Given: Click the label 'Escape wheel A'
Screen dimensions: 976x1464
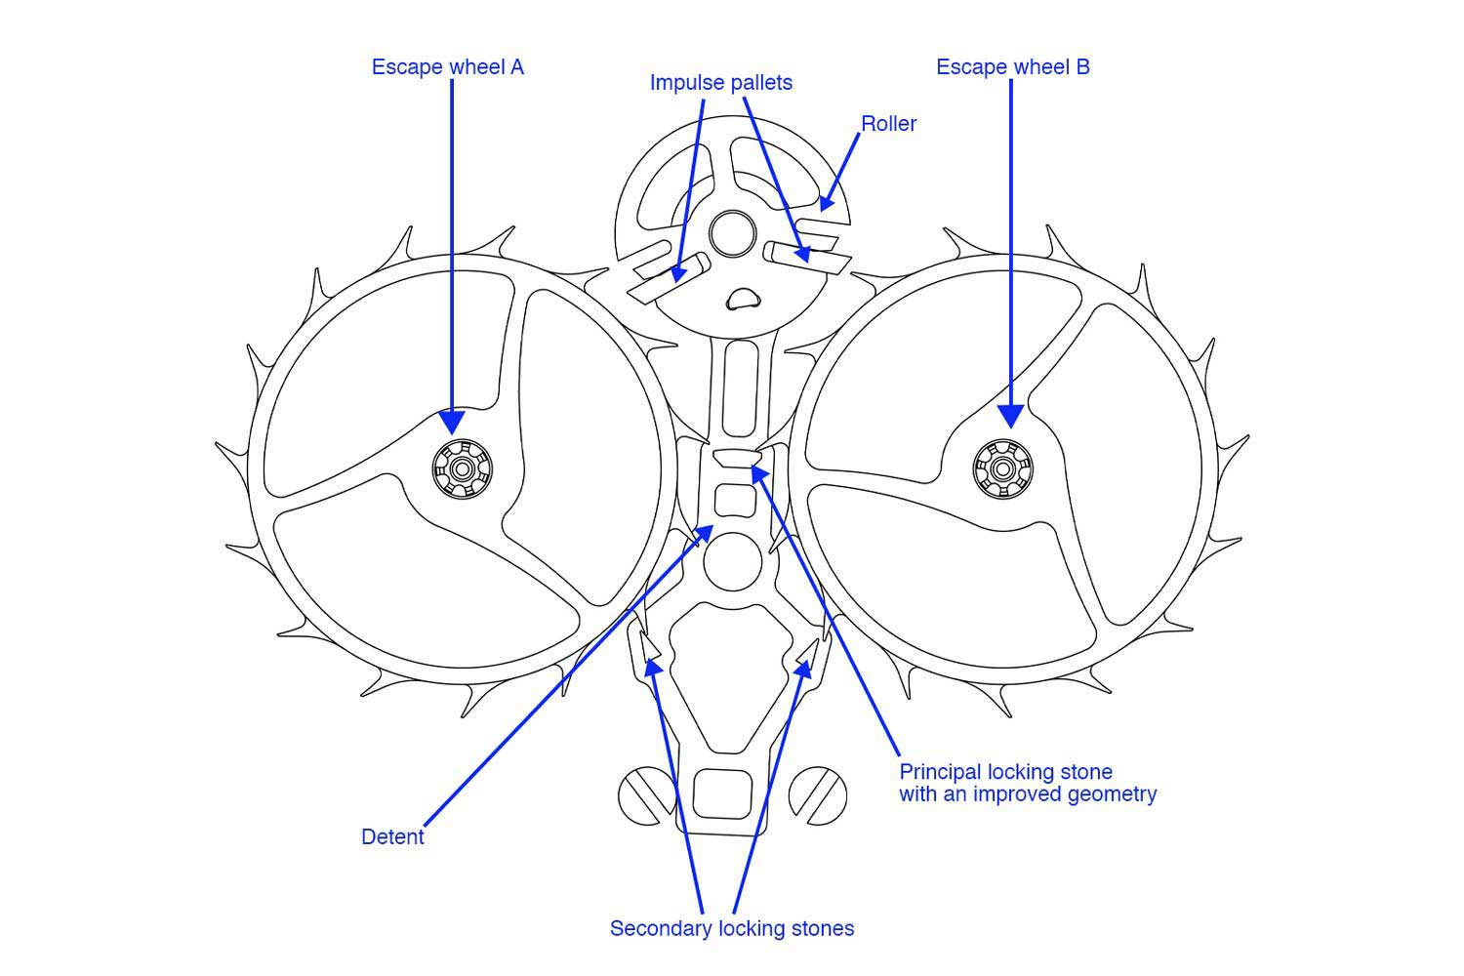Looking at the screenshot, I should [x=447, y=67].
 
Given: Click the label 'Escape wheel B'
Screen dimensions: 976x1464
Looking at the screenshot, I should [x=1012, y=67].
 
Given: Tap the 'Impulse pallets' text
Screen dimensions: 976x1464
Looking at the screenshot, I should [x=720, y=83].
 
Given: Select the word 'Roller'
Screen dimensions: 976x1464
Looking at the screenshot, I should [x=888, y=124].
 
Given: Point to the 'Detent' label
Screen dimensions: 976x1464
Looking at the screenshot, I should [x=392, y=837].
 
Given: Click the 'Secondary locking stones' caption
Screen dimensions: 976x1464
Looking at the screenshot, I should [x=731, y=928].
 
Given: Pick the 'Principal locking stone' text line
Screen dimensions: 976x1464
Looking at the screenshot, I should [x=1005, y=772].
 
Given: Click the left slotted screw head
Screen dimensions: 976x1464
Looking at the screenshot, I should [x=646, y=795].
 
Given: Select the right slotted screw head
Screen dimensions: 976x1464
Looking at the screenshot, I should [x=817, y=795].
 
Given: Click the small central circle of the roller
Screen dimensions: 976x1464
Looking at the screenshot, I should [x=733, y=234].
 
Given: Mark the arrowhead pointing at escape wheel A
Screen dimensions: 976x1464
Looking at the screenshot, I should [x=452, y=422].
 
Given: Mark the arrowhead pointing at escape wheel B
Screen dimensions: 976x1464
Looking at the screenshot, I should [x=1011, y=416].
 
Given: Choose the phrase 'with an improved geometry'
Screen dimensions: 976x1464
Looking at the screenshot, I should [x=1027, y=794].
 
